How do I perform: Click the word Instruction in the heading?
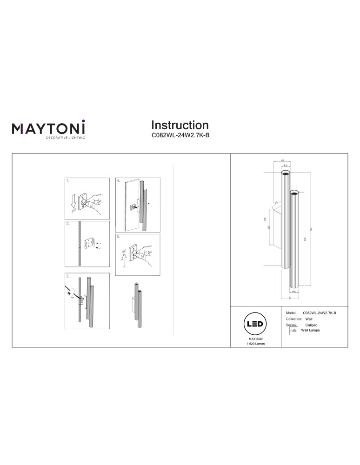(180, 125)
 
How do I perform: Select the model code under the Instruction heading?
(180, 137)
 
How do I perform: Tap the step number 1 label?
(68, 180)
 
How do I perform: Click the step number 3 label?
(68, 276)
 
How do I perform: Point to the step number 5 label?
(119, 237)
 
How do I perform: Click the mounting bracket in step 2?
(91, 243)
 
